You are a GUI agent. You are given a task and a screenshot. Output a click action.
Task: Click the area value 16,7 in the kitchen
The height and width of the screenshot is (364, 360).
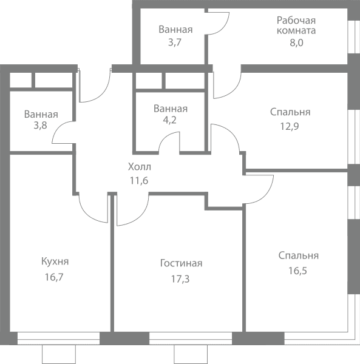pos(54,277)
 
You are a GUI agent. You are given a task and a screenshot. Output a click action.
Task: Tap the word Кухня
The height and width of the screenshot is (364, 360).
pos(55,261)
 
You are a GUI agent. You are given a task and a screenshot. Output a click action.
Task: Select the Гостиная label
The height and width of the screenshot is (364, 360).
pos(181,263)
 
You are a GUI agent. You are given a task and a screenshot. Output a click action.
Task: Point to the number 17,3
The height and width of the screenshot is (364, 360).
pos(180,279)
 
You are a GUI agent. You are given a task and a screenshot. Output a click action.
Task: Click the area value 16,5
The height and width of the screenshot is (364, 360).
pos(297,271)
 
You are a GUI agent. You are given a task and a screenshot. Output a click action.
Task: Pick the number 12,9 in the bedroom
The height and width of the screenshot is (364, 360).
pos(290,127)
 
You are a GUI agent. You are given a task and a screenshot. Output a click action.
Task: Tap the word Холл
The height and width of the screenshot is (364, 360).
pos(140,167)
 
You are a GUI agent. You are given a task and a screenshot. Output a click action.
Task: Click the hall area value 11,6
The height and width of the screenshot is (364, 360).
pos(139,180)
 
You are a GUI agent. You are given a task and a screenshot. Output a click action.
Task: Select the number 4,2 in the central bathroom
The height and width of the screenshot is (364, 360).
pos(170,120)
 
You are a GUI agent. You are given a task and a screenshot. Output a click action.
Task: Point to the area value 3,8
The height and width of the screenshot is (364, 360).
pos(41,126)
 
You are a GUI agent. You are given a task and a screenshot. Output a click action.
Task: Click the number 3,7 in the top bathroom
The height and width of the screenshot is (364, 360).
pos(175,42)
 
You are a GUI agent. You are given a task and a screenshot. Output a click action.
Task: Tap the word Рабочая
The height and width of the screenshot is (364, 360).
pos(296,21)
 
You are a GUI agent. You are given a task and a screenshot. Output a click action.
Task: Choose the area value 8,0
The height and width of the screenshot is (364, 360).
pos(296,42)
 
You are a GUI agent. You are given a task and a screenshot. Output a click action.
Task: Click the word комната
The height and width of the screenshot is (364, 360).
pos(296,31)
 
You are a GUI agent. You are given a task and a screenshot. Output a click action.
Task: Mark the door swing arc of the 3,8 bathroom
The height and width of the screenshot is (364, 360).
pos(58,127)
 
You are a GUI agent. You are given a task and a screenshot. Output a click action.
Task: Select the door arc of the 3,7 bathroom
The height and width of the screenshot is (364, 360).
pos(223,27)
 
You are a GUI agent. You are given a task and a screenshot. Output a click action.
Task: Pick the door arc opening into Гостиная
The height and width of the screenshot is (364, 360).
pos(139,217)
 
